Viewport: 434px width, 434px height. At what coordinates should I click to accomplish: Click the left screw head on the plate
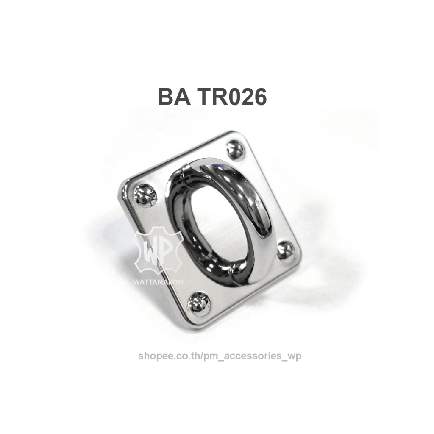pos(144,192)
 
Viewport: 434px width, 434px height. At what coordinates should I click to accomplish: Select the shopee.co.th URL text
pos(220,356)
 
